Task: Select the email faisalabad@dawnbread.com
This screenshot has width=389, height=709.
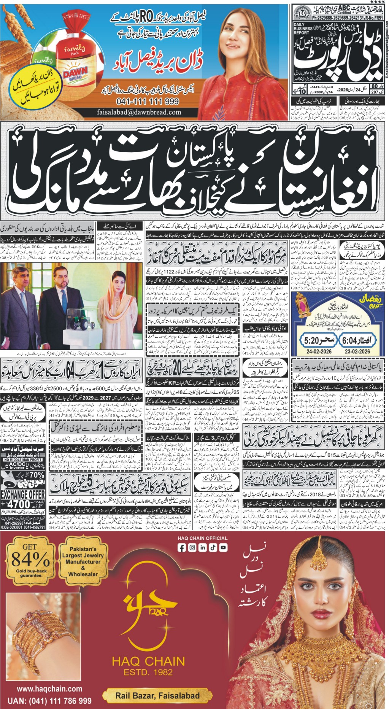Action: point(139,112)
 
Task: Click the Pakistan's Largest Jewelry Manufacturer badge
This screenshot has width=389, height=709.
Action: point(83,561)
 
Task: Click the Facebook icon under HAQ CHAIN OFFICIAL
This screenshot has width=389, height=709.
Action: point(182,548)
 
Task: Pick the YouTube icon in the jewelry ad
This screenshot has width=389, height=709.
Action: point(223,548)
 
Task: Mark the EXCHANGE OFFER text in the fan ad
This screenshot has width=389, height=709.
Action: point(23,495)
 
